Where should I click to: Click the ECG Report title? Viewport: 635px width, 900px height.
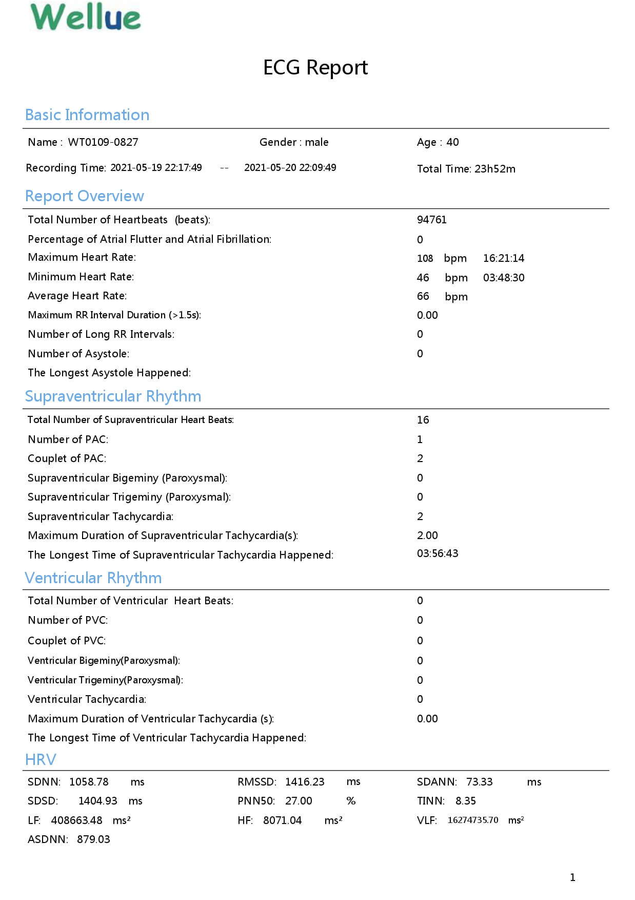pos(315,67)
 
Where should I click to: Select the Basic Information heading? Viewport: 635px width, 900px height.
pos(87,114)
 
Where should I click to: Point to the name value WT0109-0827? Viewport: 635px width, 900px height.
pos(103,142)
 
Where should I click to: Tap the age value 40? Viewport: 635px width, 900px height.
pos(452,142)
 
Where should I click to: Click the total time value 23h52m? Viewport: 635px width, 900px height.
pos(495,169)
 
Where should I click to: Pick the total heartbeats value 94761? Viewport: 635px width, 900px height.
pos(432,220)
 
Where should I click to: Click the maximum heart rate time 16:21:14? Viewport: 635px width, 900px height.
pos(504,258)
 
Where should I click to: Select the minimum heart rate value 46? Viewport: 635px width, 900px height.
pos(423,278)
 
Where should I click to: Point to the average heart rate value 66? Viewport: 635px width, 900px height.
pos(423,296)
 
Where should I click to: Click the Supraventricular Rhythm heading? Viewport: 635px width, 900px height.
pos(113,396)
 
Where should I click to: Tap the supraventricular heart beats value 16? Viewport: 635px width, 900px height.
pos(423,420)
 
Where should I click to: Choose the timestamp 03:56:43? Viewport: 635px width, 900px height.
pos(438,553)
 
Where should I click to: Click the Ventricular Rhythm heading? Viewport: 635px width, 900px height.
pos(93,578)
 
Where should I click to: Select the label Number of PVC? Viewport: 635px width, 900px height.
pos(68,620)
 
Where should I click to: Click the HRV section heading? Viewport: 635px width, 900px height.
pos(41,759)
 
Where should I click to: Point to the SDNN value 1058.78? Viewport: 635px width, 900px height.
pos(89,782)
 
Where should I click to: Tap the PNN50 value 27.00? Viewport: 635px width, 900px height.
pos(299,801)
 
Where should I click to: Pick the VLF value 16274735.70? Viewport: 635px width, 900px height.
pos(473,820)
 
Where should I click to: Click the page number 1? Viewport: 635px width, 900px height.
pos(572,877)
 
